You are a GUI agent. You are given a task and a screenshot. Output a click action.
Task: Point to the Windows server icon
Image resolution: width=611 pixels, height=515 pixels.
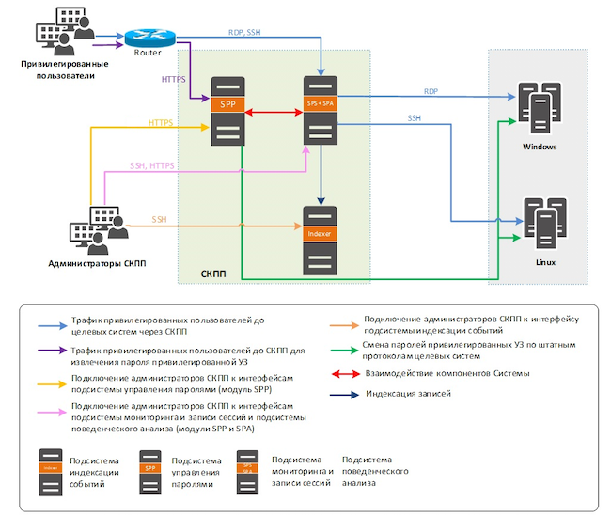pyautogui.click(x=539, y=112)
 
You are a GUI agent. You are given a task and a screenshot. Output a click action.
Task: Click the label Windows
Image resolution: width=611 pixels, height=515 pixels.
pyautogui.click(x=540, y=148)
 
